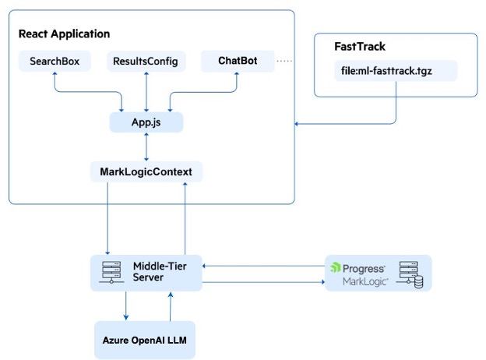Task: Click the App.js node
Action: tap(146, 122)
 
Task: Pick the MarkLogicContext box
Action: tap(146, 171)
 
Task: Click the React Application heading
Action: tap(64, 34)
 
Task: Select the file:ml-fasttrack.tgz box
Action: tap(395, 71)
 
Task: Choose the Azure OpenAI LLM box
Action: tap(145, 341)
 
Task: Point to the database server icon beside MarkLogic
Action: tap(410, 274)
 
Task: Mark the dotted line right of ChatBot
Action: tap(286, 60)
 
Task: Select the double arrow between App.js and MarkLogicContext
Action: tap(146, 146)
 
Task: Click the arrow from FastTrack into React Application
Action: tap(343, 123)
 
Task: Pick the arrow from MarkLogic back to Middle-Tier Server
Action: tap(265, 266)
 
